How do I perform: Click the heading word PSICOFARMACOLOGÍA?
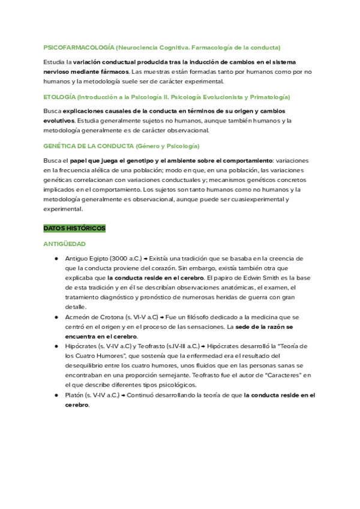coord(78,47)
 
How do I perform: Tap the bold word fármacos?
coord(113,71)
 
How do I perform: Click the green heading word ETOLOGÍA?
coord(59,97)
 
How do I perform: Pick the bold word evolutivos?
coord(59,120)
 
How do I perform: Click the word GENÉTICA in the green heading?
coord(59,146)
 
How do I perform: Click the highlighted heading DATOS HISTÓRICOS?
coord(74,229)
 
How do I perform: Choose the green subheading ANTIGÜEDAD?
coord(65,244)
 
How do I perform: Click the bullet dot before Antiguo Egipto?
coord(56,258)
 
